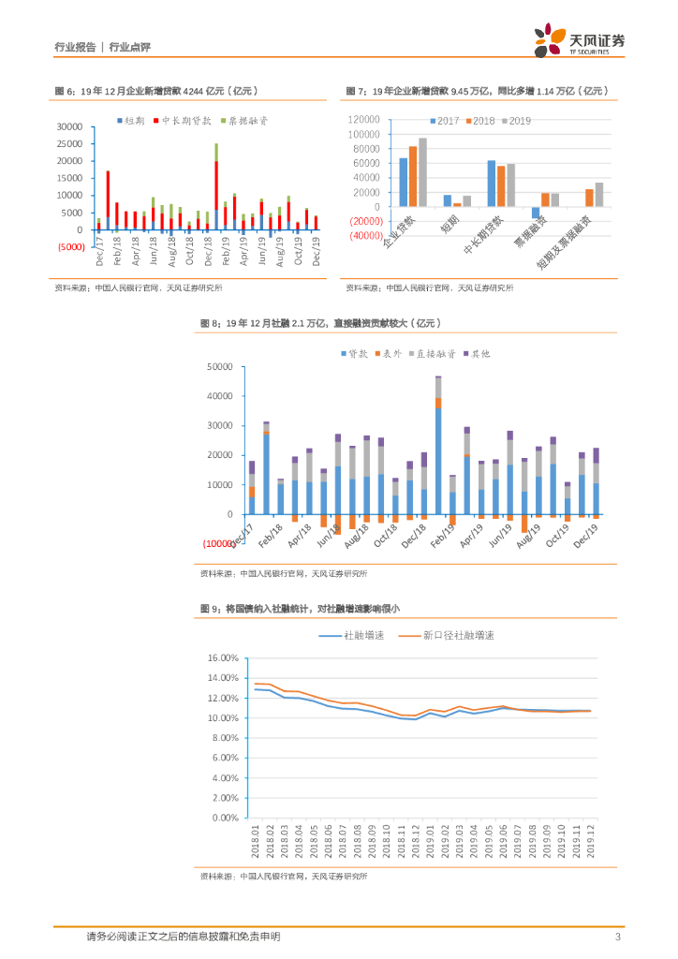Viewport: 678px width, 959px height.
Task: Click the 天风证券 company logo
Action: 580,41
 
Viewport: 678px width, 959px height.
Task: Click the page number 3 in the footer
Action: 618,937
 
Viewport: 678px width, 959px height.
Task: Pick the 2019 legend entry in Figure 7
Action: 515,122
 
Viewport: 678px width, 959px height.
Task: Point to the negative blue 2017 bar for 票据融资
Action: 536,213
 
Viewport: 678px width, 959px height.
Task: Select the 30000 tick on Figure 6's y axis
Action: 71,125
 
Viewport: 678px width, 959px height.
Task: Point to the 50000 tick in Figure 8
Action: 218,366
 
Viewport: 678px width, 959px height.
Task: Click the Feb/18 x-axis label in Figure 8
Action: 266,537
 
